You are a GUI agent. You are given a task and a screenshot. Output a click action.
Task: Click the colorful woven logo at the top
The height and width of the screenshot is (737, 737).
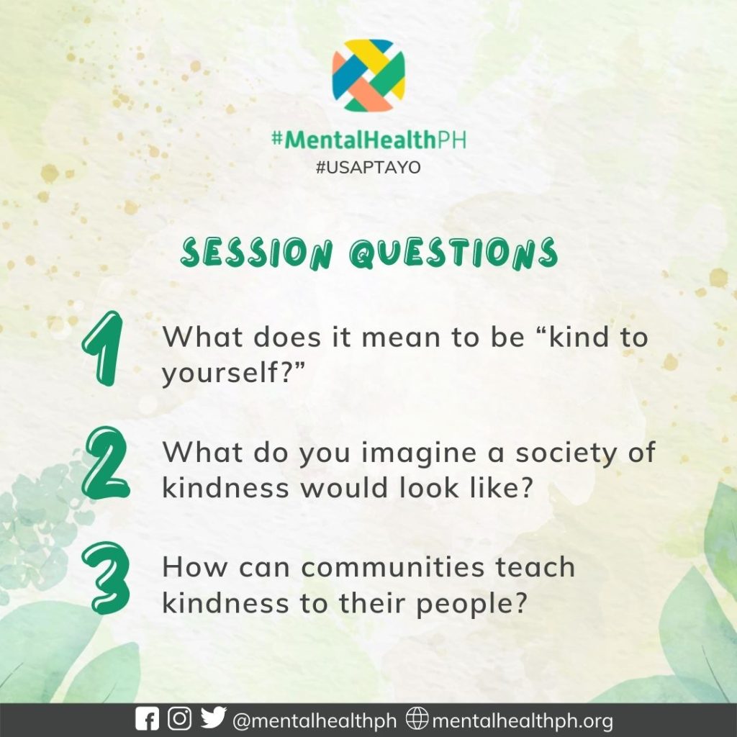368,75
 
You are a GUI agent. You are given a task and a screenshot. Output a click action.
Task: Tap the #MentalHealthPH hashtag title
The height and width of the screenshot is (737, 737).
369,140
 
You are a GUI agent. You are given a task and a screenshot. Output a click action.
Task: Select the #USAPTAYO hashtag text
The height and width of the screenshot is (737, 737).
368,167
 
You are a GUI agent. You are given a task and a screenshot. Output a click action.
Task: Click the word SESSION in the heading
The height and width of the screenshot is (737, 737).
257,253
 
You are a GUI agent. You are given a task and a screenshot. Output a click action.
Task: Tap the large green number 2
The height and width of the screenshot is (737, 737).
106,463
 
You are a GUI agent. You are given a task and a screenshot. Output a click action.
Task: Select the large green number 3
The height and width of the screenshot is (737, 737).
105,578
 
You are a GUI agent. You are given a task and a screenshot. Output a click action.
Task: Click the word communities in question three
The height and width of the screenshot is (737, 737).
392,567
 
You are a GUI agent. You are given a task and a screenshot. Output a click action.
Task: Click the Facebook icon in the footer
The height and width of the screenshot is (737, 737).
147,719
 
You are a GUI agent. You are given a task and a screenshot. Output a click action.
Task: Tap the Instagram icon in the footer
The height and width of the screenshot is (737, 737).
179,719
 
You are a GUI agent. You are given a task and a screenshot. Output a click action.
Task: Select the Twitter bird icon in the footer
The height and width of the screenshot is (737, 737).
213,718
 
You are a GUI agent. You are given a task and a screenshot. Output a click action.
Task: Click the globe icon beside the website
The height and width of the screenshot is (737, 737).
417,718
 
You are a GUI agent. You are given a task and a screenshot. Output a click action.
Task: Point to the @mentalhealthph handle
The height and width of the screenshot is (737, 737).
315,720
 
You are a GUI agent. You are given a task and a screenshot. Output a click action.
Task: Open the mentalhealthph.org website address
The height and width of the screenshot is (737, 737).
523,720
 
